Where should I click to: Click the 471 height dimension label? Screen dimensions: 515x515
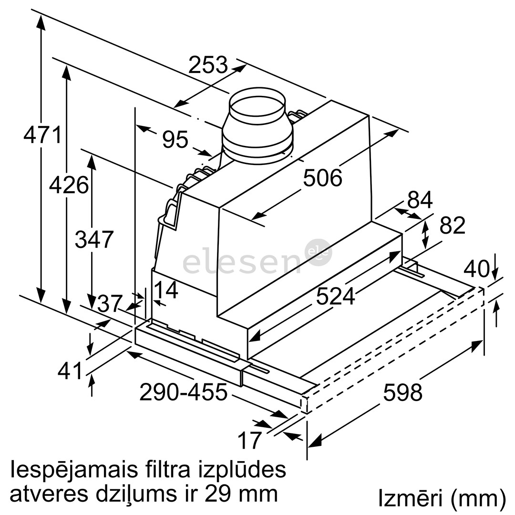click(x=43, y=135)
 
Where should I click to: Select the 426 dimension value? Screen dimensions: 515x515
click(x=69, y=185)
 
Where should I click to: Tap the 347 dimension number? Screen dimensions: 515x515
click(x=94, y=239)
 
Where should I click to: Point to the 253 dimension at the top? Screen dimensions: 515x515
click(x=208, y=65)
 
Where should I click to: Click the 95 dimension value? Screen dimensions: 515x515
click(x=175, y=140)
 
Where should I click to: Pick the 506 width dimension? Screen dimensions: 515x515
click(x=323, y=178)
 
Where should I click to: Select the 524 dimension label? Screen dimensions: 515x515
click(x=336, y=297)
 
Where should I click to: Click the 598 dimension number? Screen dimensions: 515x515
click(x=403, y=392)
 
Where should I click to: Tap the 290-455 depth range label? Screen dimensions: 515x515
click(x=184, y=392)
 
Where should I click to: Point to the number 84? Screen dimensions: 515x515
click(x=420, y=200)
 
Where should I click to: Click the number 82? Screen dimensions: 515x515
click(x=452, y=226)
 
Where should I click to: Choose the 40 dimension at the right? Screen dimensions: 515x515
click(x=477, y=269)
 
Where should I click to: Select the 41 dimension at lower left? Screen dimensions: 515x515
click(x=71, y=371)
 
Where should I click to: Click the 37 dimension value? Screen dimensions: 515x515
click(x=110, y=303)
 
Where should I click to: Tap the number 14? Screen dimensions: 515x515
click(x=165, y=290)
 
